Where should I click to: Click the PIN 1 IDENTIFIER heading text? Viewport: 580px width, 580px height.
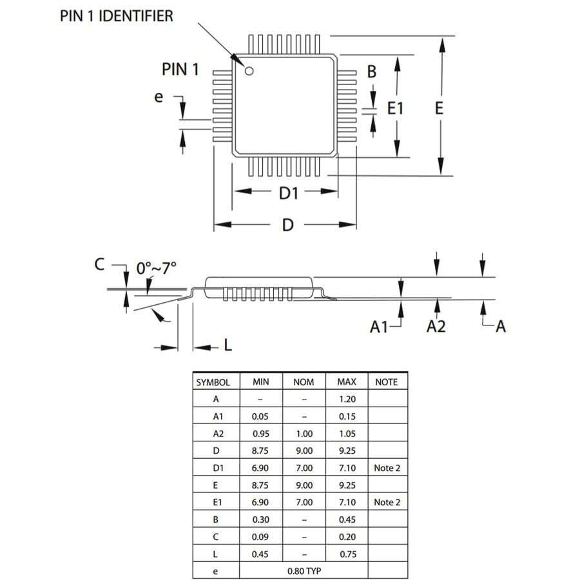click(117, 15)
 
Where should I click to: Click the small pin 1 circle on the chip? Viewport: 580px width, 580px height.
click(249, 70)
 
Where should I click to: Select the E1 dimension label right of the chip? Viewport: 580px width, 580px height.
click(395, 108)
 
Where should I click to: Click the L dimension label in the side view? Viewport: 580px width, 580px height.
click(227, 347)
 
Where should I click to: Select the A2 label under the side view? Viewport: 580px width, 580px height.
click(436, 327)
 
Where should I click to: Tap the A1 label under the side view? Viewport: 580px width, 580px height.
click(380, 327)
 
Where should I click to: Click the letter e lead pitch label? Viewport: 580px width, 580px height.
click(159, 97)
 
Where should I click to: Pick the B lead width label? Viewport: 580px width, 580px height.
click(372, 72)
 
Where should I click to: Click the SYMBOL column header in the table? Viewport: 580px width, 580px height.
click(213, 382)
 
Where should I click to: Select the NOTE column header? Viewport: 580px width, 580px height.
click(386, 382)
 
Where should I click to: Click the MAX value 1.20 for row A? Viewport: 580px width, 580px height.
click(346, 399)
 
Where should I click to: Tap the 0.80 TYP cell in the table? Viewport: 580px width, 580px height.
click(303, 570)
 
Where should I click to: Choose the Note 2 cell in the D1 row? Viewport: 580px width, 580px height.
click(387, 467)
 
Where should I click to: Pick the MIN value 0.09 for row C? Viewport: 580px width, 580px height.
click(260, 536)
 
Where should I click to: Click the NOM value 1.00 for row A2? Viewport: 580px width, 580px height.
click(304, 433)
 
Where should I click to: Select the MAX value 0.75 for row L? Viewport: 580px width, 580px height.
click(346, 553)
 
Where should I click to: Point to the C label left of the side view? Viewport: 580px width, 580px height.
click(99, 264)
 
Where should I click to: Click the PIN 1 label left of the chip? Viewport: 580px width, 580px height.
click(180, 70)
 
